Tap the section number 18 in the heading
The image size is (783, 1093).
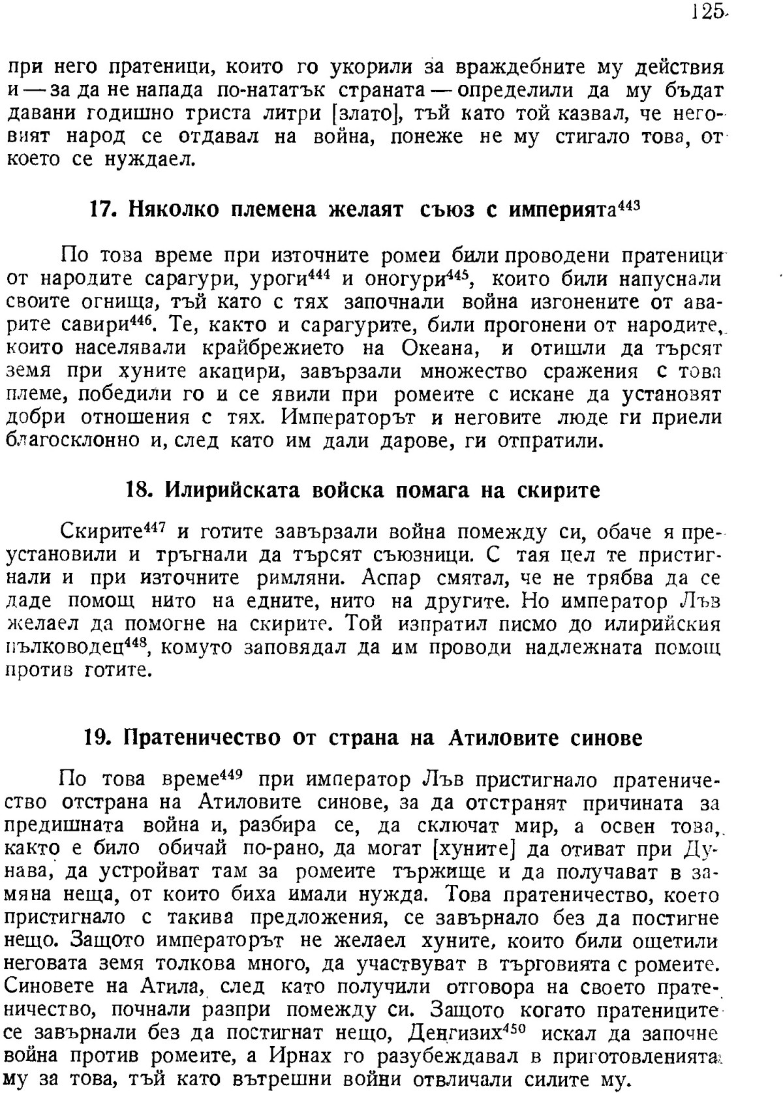[136, 490]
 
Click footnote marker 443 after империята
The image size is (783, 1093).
[629, 204]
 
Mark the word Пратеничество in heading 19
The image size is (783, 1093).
[202, 737]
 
